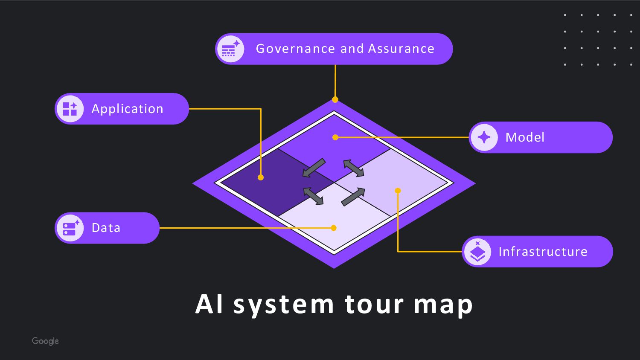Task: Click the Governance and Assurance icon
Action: [230, 49]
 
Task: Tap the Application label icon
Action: [70, 109]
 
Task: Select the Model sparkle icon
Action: [484, 137]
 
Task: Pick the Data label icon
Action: [70, 228]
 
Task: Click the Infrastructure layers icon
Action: [477, 252]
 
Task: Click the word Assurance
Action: [401, 49]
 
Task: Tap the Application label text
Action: [127, 109]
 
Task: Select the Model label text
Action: [525, 137]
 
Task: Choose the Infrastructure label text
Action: [543, 252]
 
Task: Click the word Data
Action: [106, 228]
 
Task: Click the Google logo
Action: [45, 341]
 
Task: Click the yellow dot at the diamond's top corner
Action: [335, 100]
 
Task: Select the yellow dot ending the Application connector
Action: [261, 177]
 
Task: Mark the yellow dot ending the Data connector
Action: [334, 228]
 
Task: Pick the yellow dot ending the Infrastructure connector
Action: [398, 191]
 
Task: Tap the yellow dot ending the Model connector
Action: [335, 137]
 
